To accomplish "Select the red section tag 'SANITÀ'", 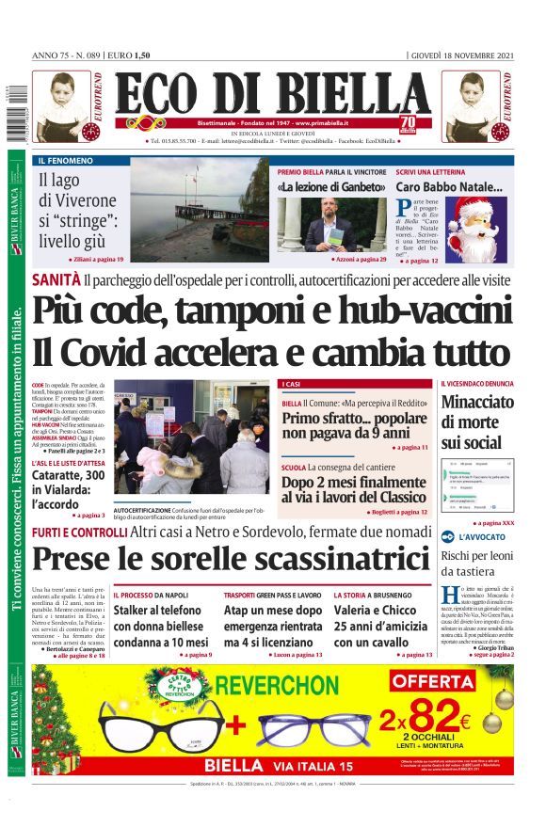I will point(55,279).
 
